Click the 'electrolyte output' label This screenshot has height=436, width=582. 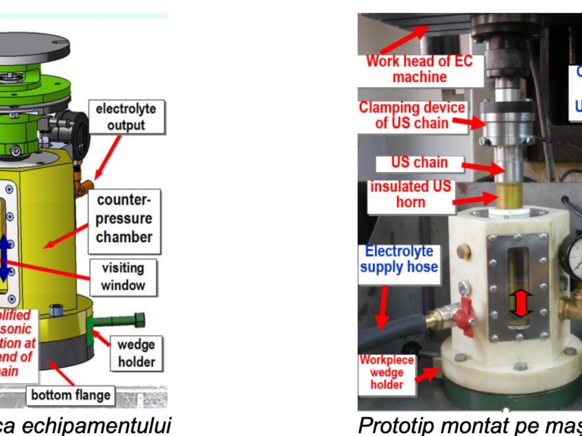click(126, 117)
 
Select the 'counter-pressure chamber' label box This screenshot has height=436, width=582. click(124, 219)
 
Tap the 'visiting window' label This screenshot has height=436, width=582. click(123, 278)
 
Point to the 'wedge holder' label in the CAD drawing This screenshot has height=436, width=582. click(136, 353)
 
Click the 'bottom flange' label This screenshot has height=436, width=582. click(70, 394)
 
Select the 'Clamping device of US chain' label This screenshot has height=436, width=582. click(411, 115)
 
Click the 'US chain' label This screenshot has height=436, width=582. click(419, 163)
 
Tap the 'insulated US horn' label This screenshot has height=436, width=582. click(410, 195)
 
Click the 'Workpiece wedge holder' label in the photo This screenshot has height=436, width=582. click(386, 372)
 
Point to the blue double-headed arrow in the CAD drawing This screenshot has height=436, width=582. click(4, 258)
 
